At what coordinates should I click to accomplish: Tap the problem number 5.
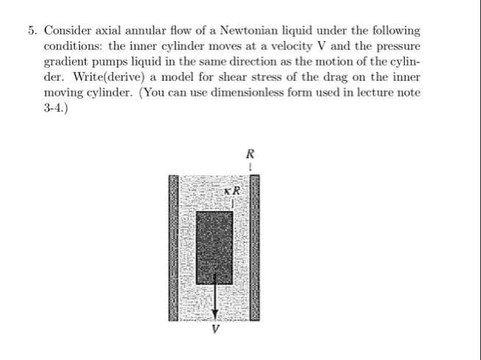(x=32, y=31)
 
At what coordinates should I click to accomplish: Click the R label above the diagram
(x=251, y=155)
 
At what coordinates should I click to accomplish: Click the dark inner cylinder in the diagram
(x=215, y=240)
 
